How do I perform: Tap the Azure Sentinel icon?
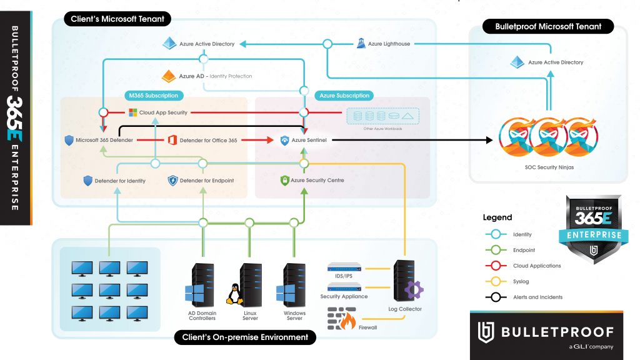click(285, 141)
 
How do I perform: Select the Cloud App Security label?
click(163, 112)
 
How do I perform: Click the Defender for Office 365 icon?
click(172, 140)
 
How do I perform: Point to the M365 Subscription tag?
click(153, 96)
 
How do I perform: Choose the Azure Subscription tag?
click(344, 96)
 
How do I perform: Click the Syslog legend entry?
click(522, 281)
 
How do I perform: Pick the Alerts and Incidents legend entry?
click(537, 297)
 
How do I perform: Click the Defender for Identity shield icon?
click(88, 181)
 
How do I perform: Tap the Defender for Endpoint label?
click(206, 181)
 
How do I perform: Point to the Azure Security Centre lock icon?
click(284, 181)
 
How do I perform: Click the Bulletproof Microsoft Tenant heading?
click(547, 27)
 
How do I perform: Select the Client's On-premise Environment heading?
click(245, 337)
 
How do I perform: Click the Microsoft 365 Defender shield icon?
click(69, 140)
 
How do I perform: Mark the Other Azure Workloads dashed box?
click(382, 116)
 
